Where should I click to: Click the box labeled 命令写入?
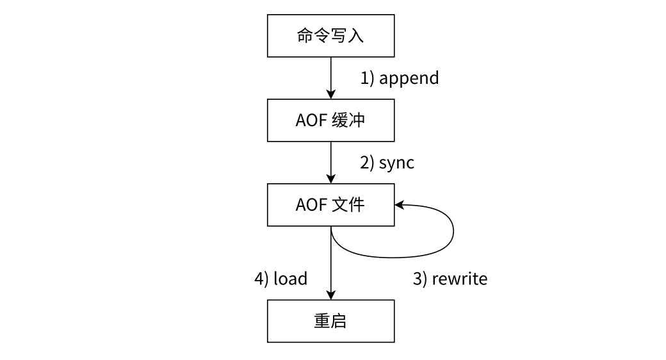click(x=330, y=35)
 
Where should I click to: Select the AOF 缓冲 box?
click(x=330, y=120)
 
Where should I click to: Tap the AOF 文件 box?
click(x=330, y=205)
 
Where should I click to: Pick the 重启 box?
click(x=330, y=321)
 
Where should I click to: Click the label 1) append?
click(x=400, y=78)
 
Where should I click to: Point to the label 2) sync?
click(x=387, y=163)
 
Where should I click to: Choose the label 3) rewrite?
click(x=450, y=279)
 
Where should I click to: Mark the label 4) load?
click(x=281, y=279)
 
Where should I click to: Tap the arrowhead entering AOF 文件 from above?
click(x=330, y=179)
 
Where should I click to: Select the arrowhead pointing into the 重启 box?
click(x=330, y=295)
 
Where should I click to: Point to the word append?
click(x=409, y=78)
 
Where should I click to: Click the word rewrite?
click(x=459, y=279)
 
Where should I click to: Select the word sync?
click(x=396, y=163)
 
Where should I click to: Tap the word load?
click(x=291, y=279)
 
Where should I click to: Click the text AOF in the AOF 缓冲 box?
click(x=311, y=120)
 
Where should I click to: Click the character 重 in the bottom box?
click(x=321, y=321)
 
